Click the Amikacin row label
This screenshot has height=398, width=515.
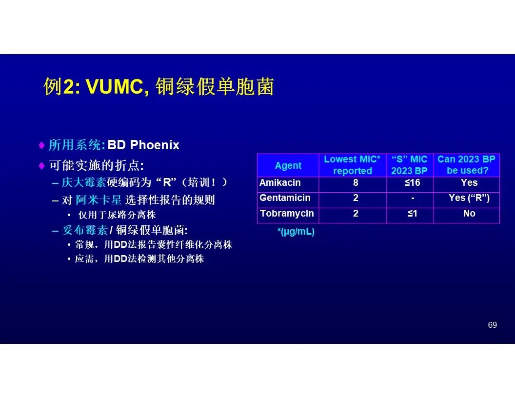(x=280, y=182)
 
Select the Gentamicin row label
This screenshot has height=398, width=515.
(x=285, y=198)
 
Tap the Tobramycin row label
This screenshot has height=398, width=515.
(x=287, y=214)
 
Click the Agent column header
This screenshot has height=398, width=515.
(x=288, y=165)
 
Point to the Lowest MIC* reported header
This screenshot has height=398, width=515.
(x=352, y=165)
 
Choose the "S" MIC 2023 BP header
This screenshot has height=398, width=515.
(x=409, y=165)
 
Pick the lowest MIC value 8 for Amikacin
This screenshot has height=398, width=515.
(x=356, y=182)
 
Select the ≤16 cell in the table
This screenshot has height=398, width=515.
(x=412, y=182)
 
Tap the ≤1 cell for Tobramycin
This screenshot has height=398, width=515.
(x=412, y=214)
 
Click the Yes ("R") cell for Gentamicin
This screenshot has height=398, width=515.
(x=469, y=198)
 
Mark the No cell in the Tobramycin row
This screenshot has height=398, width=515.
(x=469, y=214)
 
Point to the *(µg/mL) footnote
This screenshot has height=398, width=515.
(x=296, y=232)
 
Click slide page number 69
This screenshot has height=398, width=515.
(x=493, y=325)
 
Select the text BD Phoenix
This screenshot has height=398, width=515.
(x=143, y=145)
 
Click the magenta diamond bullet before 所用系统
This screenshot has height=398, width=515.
(x=42, y=145)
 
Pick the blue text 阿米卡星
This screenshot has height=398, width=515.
(x=99, y=199)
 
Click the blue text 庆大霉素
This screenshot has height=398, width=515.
(x=84, y=182)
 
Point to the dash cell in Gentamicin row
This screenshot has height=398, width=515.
(x=413, y=198)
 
